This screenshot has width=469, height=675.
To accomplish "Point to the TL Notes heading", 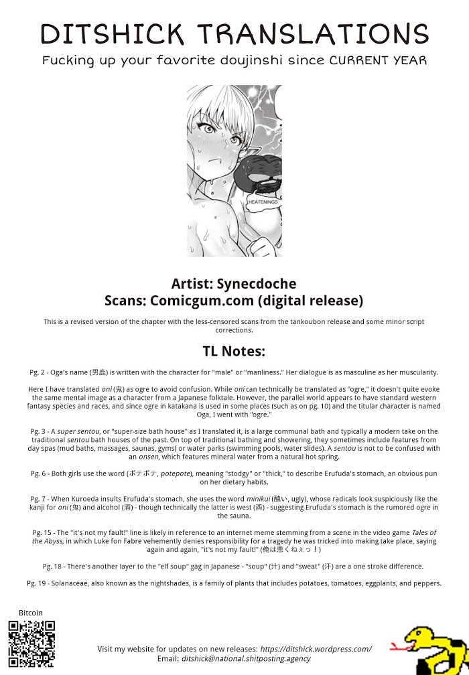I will (x=234, y=352).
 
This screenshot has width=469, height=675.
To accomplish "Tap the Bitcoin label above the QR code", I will (x=31, y=613).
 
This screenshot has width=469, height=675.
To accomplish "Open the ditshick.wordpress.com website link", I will (x=316, y=649).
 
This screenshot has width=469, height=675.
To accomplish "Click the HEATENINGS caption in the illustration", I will (x=263, y=201).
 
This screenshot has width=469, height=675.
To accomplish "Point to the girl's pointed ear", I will (x=256, y=148).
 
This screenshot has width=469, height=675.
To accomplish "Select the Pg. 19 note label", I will (x=38, y=583).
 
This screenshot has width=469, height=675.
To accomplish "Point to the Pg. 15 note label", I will (x=43, y=532).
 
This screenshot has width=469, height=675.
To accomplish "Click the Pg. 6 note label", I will (x=41, y=473).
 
